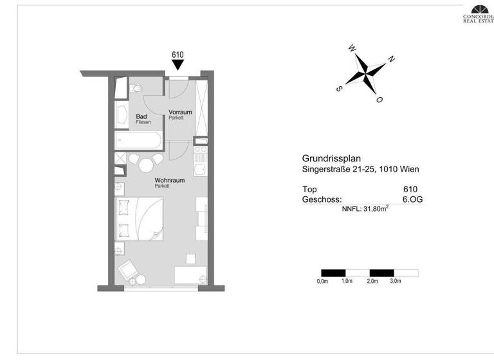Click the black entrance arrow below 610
(178, 66)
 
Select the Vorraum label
(180, 113)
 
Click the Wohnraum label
(169, 181)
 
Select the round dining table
(145, 165)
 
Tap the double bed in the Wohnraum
(139, 219)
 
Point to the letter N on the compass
(391, 59)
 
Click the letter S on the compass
(339, 89)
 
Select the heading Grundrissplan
(332, 158)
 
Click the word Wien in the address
(409, 170)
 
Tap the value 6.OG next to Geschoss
(412, 200)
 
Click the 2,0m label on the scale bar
(372, 282)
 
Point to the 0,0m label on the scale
(322, 282)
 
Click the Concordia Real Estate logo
(479, 13)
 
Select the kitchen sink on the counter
(201, 170)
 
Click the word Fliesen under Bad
(143, 122)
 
